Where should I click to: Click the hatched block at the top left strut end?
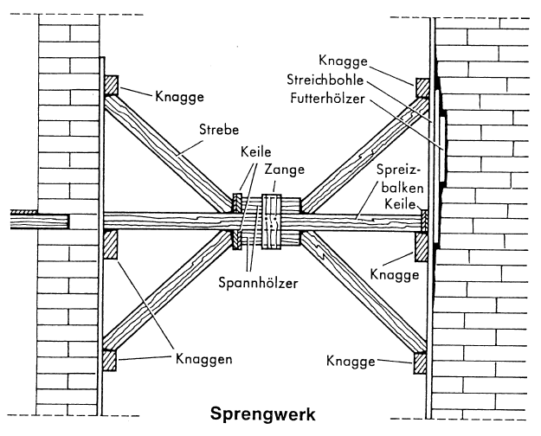click(x=111, y=84)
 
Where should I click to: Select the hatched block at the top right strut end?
click(x=422, y=87)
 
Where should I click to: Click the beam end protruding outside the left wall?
click(x=35, y=221)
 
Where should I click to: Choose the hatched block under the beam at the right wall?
click(x=421, y=247)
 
